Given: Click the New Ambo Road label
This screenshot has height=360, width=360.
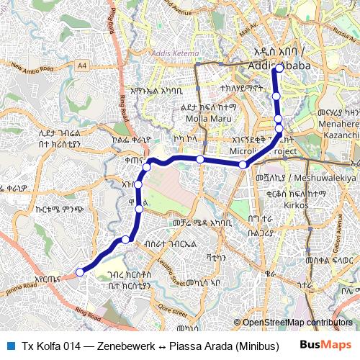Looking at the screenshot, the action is coord(32,68).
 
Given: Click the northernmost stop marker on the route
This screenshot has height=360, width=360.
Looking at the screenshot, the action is coord(278,69).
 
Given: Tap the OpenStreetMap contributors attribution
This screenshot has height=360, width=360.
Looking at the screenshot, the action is coord(297,323).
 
